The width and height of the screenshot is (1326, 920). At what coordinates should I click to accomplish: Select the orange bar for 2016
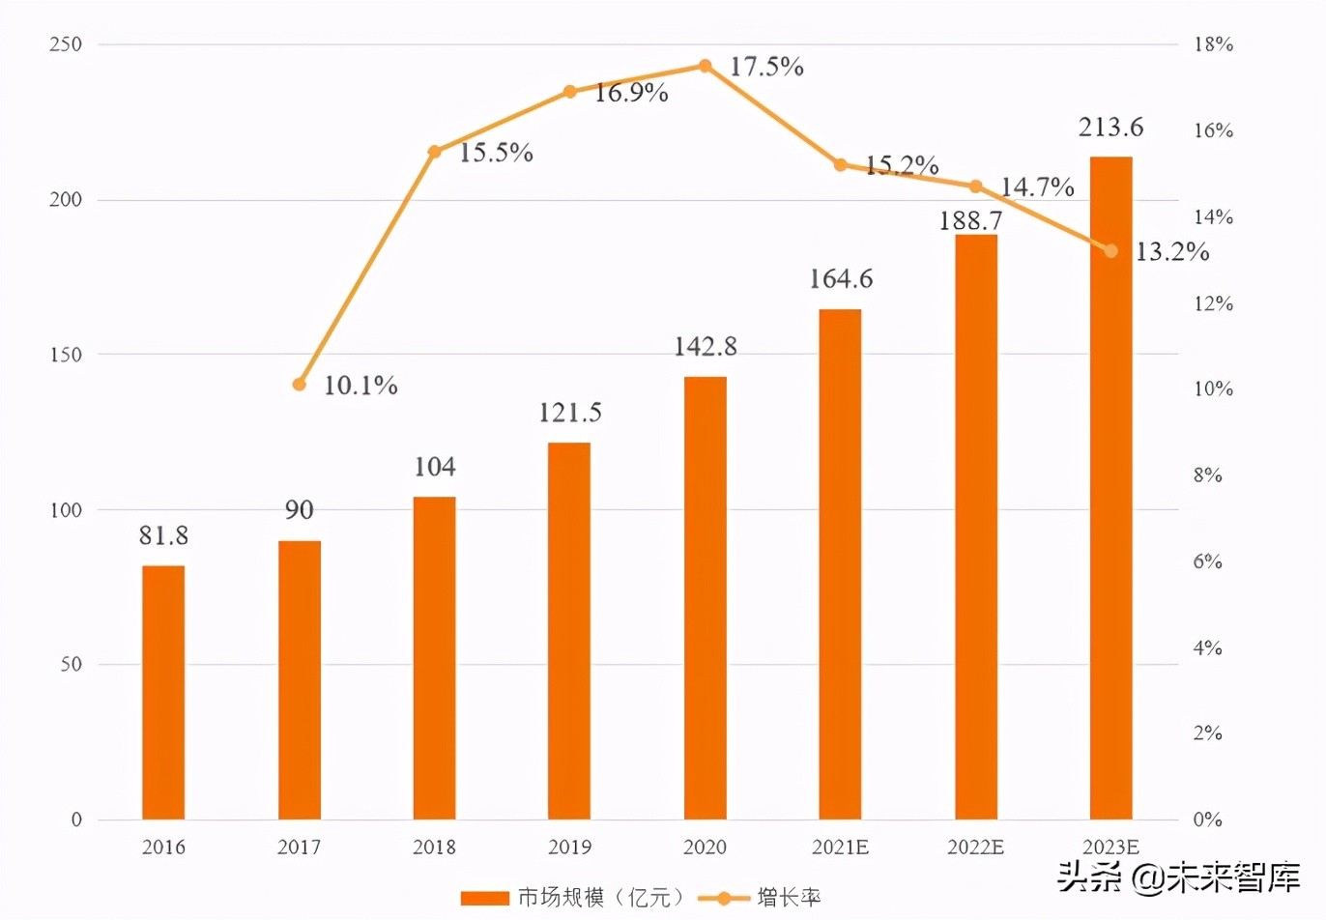pos(163,692)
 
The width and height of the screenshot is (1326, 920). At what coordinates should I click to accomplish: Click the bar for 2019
pos(569,630)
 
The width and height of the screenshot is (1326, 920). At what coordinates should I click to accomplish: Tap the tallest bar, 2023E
pos(1110,488)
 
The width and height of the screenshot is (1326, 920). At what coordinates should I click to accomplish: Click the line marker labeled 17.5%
pos(706,66)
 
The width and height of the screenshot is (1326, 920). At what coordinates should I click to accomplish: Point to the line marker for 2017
pos(300,385)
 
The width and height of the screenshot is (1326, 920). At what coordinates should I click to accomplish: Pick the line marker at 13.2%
pos(1111,251)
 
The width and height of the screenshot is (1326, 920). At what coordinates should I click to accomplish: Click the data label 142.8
pos(706,347)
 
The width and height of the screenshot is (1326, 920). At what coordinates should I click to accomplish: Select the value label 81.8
pos(163,535)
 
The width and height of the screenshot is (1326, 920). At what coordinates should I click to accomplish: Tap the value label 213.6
pos(1110,128)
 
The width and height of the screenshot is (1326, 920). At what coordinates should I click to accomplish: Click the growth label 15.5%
pos(496,153)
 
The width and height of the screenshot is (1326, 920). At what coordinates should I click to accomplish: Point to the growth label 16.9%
pos(631,93)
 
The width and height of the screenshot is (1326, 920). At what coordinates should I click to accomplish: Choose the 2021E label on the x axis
pos(840,848)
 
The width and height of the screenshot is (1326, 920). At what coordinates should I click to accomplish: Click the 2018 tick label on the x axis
pos(434,848)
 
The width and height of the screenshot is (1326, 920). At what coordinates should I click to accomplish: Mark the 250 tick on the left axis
pos(66,44)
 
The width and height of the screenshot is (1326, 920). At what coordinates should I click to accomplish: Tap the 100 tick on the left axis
pos(66,510)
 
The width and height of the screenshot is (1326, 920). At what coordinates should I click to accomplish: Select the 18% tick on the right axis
pos(1213,44)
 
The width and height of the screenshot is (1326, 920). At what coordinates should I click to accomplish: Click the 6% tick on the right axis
pos(1208,561)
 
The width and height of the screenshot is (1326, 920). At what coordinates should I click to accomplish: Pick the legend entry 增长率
pos(789,898)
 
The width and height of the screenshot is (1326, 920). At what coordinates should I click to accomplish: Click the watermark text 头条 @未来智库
pos(1178,877)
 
